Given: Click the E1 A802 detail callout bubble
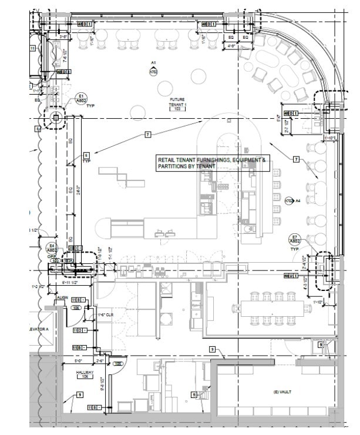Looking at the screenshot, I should [82, 98].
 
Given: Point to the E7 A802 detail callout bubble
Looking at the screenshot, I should [295, 239].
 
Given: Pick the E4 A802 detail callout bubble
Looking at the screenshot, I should [52, 248].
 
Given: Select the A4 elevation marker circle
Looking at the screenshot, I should [289, 201].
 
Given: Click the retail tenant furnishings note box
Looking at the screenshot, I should [212, 163].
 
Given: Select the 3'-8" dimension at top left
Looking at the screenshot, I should [66, 36].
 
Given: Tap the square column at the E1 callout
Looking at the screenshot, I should [56, 118].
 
